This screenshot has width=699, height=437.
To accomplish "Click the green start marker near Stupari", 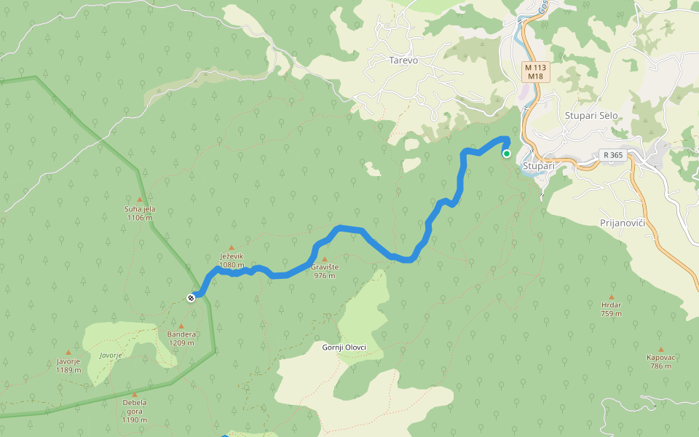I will click(507, 153).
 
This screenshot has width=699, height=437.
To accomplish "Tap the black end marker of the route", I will click(191, 296).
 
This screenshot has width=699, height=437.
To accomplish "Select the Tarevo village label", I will click(403, 60).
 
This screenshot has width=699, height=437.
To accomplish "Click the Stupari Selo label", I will click(591, 115).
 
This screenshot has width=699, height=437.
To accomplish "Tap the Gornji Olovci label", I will click(344, 347).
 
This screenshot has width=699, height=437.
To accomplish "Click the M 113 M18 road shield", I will click(535, 71).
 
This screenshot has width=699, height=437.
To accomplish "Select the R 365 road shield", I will click(612, 155).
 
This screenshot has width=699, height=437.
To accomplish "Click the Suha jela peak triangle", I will click(139, 199).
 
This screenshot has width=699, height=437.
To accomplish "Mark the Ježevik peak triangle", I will click(232, 248).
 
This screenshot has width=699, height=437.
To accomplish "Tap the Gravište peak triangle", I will click(325, 259).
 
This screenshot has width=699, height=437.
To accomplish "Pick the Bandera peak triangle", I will click(181, 326).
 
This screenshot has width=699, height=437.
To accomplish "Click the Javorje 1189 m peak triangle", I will click(68, 352).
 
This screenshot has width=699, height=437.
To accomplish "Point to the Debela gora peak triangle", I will click(135, 394).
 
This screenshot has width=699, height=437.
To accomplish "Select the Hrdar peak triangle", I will click(612, 296).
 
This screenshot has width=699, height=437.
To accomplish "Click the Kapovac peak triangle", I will click(660, 349).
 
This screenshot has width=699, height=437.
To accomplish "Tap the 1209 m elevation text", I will click(181, 343).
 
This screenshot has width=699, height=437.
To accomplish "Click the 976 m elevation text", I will click(325, 276).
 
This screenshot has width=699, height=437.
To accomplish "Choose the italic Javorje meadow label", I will click(110, 355).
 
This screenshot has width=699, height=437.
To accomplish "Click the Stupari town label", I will click(539, 166).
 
